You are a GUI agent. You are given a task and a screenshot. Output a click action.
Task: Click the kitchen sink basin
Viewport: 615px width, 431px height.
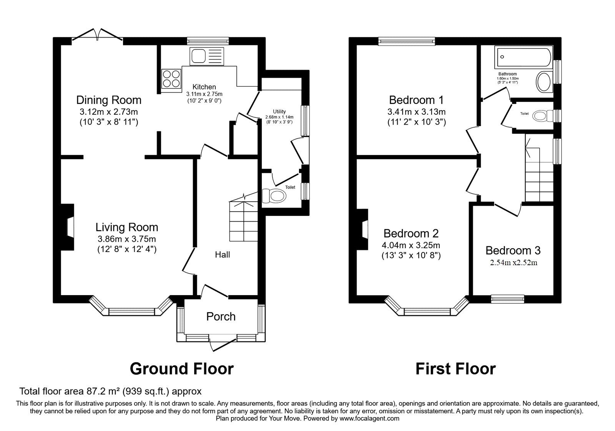coord(198,56)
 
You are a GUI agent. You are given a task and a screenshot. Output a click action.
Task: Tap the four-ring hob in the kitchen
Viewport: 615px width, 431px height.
coord(171,79)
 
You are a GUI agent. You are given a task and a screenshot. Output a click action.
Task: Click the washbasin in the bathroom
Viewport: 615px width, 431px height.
coord(544,82)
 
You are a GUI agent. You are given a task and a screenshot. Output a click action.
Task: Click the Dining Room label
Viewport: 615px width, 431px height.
coord(109,100)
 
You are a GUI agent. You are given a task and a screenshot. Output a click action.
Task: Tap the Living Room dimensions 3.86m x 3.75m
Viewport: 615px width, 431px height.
coord(126,239)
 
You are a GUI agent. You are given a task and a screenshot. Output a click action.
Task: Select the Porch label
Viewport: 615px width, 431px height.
coord(221,317)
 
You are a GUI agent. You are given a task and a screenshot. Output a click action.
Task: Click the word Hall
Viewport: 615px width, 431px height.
coord(223,254)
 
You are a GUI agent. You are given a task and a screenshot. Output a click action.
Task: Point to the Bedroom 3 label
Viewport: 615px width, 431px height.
coord(513,251)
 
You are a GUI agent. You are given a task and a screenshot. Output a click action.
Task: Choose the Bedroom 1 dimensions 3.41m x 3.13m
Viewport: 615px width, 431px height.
coord(417,112)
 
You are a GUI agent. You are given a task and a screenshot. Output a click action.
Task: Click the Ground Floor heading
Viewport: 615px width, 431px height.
coord(182,369)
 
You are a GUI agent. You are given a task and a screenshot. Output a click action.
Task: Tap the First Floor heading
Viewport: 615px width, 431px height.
coord(456,369)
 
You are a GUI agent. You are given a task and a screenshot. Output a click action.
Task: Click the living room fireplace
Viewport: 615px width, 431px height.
coord(67,227)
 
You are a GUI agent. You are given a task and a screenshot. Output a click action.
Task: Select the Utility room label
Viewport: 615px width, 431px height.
coord(279,112)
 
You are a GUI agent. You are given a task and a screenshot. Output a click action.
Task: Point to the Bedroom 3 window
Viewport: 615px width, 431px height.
coord(508,299)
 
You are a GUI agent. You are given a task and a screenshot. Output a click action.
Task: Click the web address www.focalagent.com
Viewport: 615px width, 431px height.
coord(369,419)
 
